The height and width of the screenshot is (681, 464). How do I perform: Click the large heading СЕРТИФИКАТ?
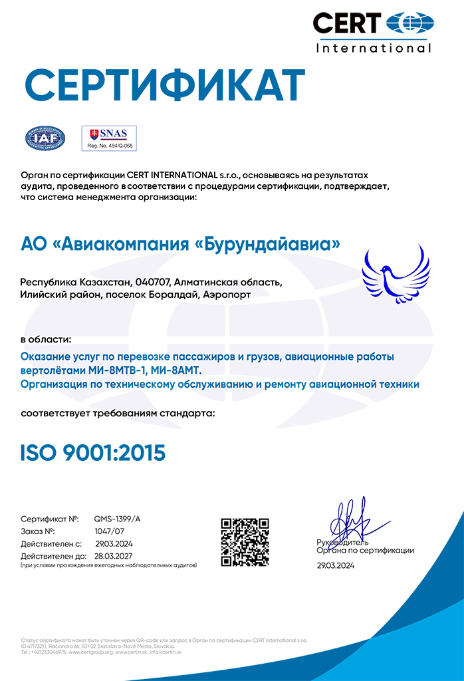(165, 84)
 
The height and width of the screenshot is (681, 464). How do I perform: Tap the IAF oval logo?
(45, 138)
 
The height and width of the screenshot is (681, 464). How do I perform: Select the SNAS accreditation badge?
(108, 138)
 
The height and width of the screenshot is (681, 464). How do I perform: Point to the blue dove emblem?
(396, 273)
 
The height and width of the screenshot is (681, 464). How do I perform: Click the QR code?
(245, 541)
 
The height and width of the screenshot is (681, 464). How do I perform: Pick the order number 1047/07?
(109, 531)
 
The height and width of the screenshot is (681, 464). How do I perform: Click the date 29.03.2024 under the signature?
(336, 565)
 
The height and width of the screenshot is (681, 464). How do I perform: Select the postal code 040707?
(154, 282)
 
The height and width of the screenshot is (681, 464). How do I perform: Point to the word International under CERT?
(373, 48)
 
